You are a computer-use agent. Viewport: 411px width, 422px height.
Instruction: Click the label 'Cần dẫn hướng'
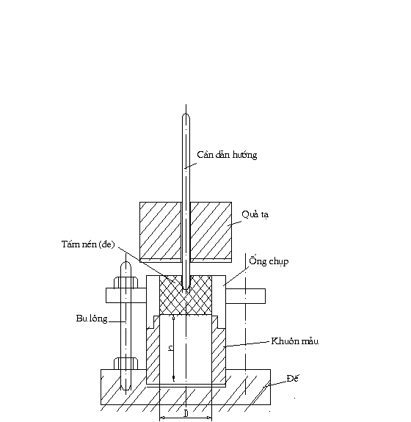click(227, 155)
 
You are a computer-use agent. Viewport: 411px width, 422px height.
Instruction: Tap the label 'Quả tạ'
click(255, 214)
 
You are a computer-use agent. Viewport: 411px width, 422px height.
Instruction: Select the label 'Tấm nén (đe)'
click(88, 244)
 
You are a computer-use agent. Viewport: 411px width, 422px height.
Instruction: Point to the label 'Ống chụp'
click(269, 261)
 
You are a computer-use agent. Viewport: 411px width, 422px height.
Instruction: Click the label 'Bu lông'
click(92, 319)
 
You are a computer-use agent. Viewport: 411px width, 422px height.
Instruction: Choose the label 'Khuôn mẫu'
click(295, 341)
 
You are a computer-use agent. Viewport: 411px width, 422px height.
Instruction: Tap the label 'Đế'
click(293, 378)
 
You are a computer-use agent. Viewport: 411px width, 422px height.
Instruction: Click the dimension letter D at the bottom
click(186, 413)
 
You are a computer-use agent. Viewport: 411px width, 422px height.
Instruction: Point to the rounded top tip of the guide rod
click(186, 114)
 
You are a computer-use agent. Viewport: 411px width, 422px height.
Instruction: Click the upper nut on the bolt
click(126, 283)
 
